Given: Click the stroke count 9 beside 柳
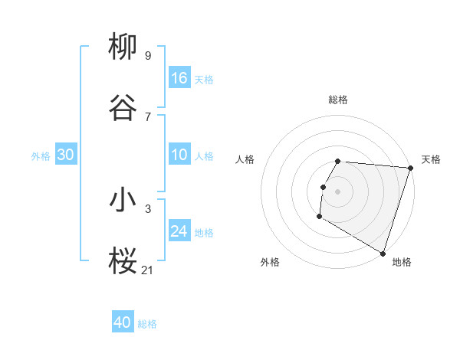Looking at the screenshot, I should [148, 55].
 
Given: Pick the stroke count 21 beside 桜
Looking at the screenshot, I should [148, 269].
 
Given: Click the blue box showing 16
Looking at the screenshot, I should [179, 77].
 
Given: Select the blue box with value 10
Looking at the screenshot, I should [179, 155].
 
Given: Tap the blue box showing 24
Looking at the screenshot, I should [179, 231].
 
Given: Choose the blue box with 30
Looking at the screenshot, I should [66, 155].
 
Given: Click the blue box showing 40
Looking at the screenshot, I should [123, 322].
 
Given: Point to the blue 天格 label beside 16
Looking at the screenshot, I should [204, 79].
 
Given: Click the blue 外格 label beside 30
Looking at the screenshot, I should [41, 156].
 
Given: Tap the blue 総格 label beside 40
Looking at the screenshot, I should [147, 324].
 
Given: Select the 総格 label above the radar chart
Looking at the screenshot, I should [338, 100].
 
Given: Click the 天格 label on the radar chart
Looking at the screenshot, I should [431, 159].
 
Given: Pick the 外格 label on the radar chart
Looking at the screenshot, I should [270, 262].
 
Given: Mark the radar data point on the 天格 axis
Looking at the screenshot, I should [410, 168].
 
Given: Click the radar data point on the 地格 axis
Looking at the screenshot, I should [383, 253].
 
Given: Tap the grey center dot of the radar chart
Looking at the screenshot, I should [338, 191].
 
